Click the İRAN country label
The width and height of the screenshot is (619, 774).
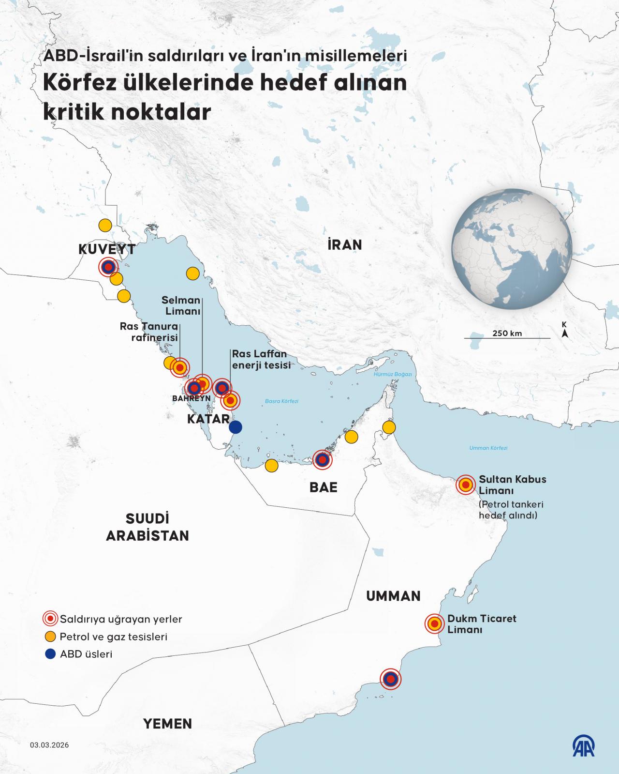[x=344, y=244]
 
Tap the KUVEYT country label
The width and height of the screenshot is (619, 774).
[x=107, y=250]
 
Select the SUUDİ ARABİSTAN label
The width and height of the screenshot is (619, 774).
[x=147, y=527]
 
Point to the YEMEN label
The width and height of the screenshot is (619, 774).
[x=167, y=724]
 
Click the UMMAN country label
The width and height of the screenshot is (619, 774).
[x=393, y=596]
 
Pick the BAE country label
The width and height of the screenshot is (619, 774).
[x=323, y=487]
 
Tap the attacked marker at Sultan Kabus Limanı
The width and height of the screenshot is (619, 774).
[x=466, y=484]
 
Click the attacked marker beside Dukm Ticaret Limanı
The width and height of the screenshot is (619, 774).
[x=434, y=624]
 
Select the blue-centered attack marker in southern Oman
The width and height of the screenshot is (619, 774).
[x=391, y=679]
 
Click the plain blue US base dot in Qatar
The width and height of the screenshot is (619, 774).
[x=236, y=427]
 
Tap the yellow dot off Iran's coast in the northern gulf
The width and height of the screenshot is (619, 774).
[x=193, y=273]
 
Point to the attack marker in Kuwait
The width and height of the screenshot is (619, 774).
[x=108, y=267]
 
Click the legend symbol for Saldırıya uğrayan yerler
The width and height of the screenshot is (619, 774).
[x=50, y=619]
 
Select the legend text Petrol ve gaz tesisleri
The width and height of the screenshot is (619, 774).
[x=113, y=637]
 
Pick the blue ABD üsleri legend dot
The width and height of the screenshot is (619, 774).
[x=50, y=654]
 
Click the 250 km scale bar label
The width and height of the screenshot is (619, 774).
[x=507, y=333]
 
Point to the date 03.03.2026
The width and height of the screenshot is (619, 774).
[x=49, y=745]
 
